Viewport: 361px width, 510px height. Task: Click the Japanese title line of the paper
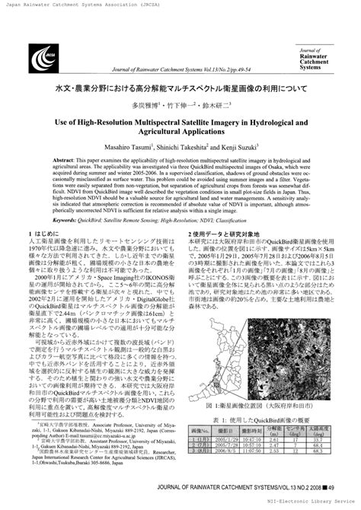pos(180,88)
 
